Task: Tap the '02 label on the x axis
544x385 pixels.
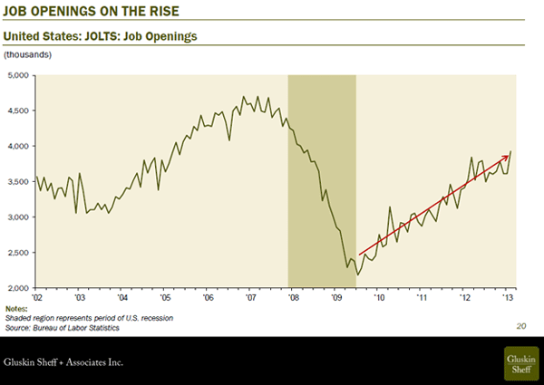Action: (37, 296)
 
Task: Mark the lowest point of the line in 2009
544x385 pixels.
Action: (358, 274)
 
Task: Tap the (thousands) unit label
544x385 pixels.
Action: (29, 56)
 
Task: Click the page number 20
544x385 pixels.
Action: (520, 324)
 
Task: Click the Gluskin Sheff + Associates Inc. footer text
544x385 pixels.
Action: (63, 363)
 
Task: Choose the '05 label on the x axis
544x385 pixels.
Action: (165, 296)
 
